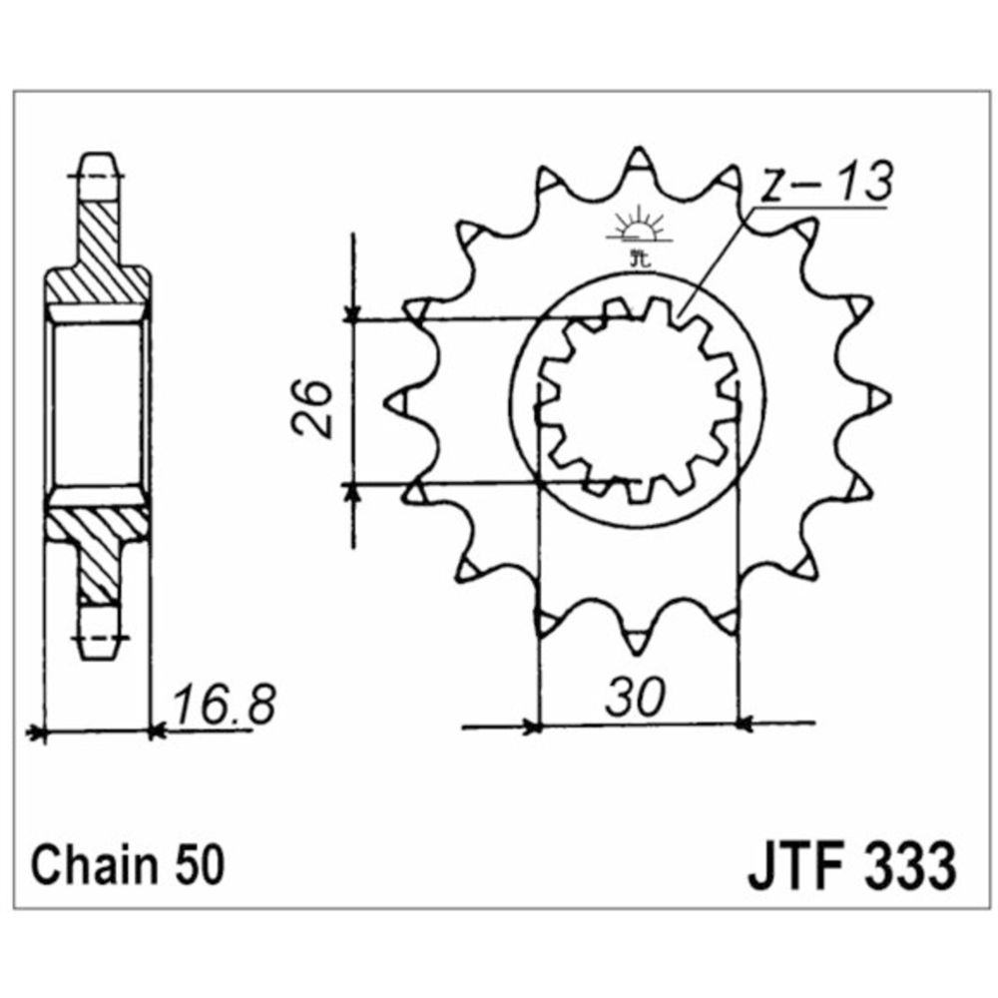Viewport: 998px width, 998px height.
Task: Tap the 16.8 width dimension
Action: click(x=223, y=706)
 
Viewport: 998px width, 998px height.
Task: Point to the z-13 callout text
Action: click(x=821, y=186)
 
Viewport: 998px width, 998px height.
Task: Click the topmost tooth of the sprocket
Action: click(x=638, y=165)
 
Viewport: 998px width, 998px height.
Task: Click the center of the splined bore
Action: click(x=638, y=401)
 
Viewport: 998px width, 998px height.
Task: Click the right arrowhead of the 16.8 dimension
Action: click(x=156, y=734)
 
